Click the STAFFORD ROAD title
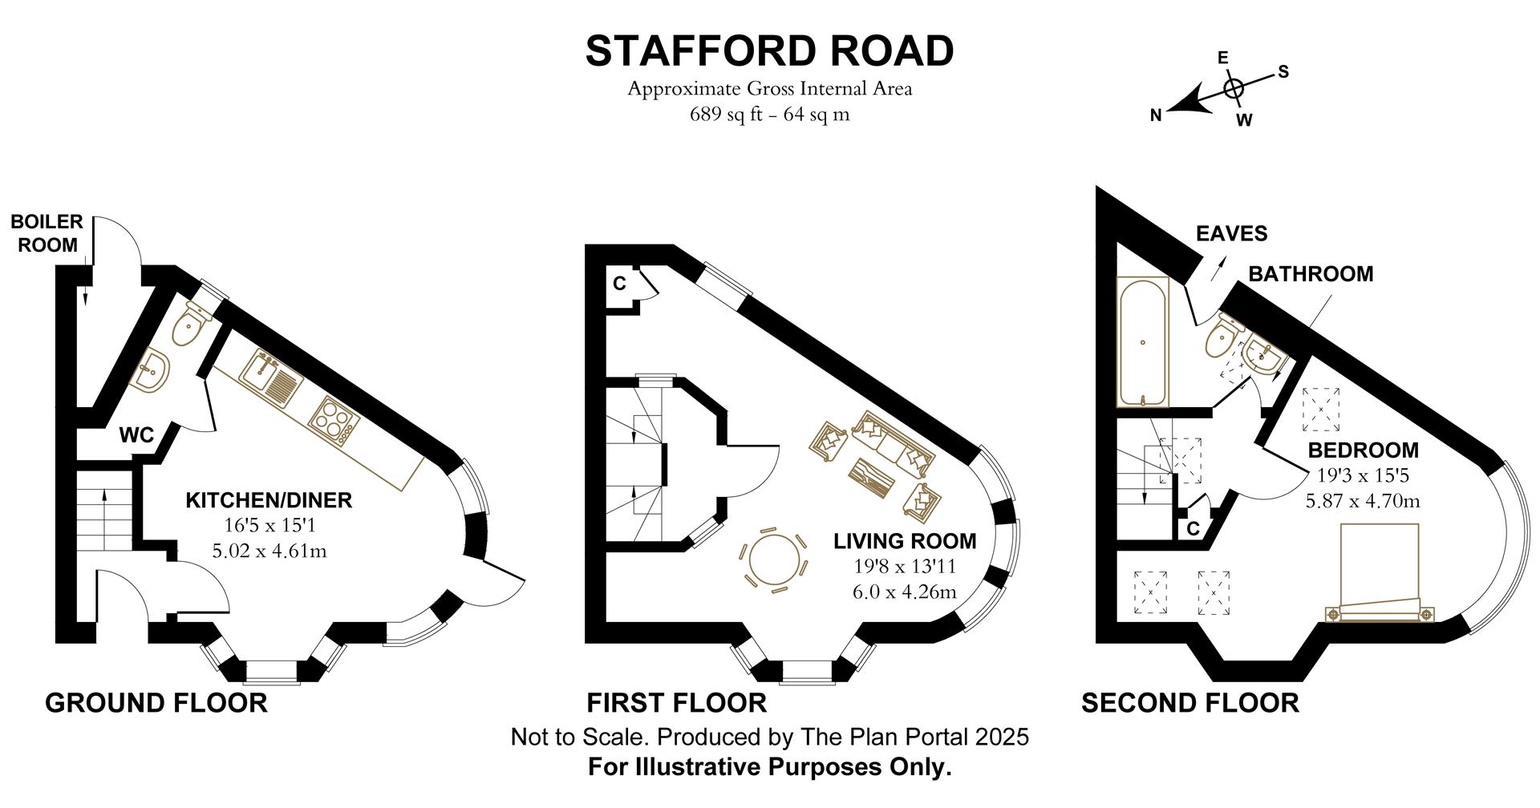[769, 51]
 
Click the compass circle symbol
[1234, 88]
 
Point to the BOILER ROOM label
[47, 233]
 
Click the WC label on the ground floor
[136, 436]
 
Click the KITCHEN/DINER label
[269, 500]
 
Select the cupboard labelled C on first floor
[620, 284]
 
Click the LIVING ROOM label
[905, 541]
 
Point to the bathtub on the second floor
[1142, 343]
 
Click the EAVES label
[1231, 233]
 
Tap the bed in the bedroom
[1380, 572]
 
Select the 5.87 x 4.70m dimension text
[1363, 502]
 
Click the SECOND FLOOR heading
[1189, 703]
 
